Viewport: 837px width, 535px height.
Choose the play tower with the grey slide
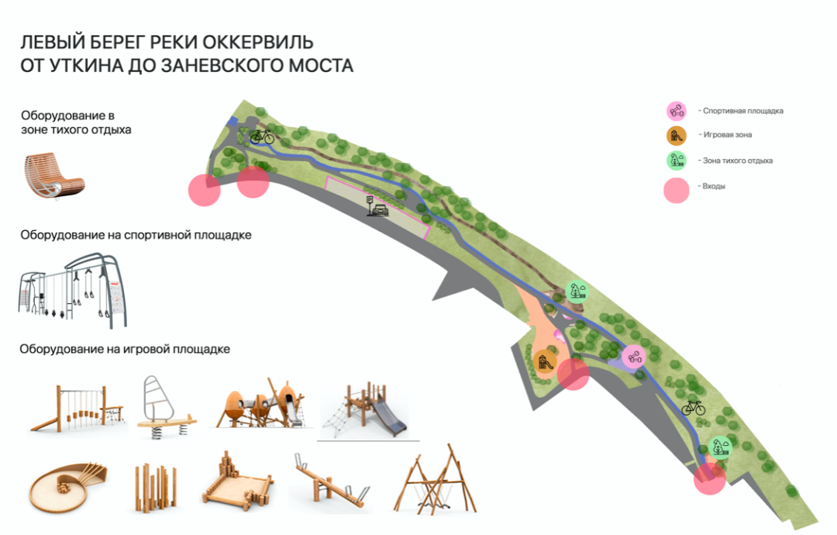(x=369, y=410)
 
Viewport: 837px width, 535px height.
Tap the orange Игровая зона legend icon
(x=677, y=136)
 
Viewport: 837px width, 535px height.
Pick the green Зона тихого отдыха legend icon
(x=677, y=160)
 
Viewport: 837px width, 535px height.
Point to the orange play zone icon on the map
(x=545, y=361)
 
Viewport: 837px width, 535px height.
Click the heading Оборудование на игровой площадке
(x=125, y=350)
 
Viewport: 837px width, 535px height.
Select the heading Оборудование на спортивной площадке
(x=136, y=234)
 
